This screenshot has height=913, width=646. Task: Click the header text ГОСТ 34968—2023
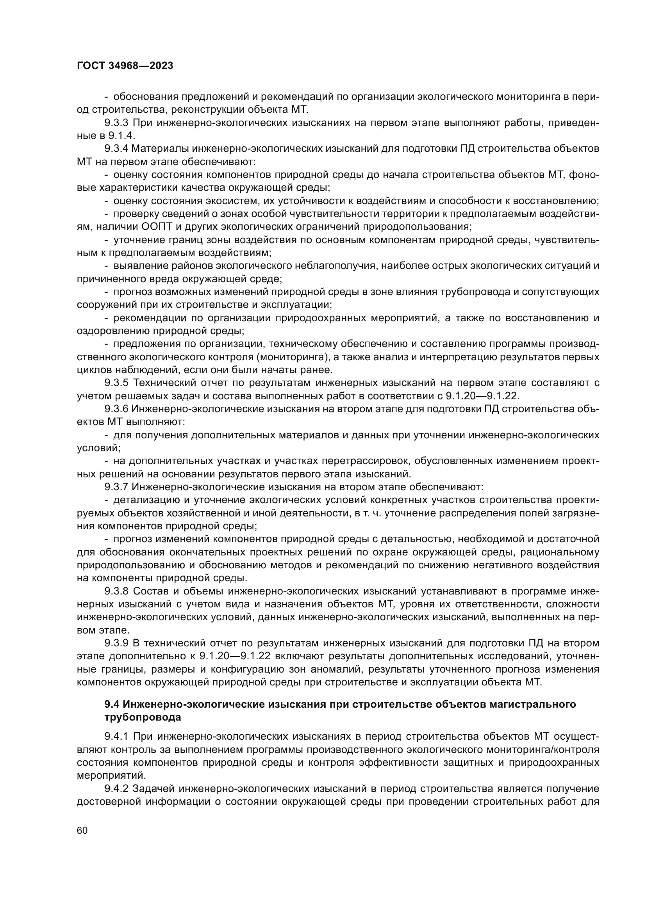tap(125, 66)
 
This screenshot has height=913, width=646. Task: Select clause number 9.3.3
tap(117, 123)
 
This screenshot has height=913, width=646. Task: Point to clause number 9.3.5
tap(117, 383)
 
